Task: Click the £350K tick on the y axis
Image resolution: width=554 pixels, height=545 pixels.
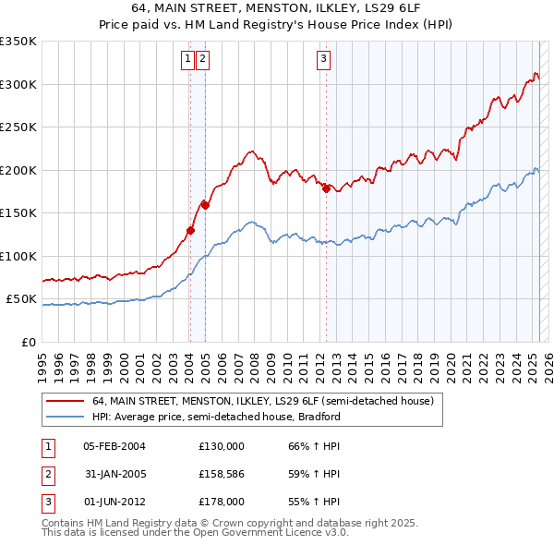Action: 18,42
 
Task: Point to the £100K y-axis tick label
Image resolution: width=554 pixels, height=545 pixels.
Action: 18,256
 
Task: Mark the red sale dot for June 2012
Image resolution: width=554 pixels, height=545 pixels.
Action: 326,189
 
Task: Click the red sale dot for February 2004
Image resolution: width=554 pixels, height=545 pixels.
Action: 190,230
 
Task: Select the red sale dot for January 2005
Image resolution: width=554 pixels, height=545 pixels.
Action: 206,206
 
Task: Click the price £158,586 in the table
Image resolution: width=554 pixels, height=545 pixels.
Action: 222,474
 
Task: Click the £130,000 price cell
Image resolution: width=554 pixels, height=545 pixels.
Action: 222,446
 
